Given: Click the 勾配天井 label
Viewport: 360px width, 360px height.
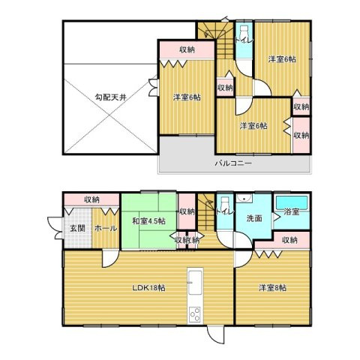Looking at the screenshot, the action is point(111,97).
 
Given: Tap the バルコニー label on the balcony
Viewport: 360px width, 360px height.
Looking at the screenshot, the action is point(233,163).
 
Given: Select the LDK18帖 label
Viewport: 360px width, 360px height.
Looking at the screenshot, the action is point(148,288).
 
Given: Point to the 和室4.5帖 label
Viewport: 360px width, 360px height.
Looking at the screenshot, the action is point(148,221).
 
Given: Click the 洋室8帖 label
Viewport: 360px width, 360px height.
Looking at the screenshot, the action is point(272,288).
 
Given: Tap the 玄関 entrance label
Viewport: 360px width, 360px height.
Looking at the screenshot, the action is point(77,228).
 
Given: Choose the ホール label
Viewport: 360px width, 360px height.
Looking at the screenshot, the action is point(106,228).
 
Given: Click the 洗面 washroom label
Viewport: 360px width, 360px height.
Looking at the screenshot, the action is point(254,218).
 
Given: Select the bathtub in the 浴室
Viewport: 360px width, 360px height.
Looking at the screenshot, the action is point(292,203).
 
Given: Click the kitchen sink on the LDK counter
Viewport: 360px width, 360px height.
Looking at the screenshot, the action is point(195,282).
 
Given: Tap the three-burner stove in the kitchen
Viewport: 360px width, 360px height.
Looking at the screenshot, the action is point(195,314).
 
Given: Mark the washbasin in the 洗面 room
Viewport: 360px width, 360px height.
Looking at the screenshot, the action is point(244,199).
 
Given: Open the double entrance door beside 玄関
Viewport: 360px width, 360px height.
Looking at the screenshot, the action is point(55,228).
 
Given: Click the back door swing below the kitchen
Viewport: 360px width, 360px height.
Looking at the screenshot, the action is point(214,334).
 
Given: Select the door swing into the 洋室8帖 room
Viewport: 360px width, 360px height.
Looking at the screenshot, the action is point(243,259).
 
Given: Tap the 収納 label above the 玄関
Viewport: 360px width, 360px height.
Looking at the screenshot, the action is point(91,199).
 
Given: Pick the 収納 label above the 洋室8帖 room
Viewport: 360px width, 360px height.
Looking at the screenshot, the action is point(289,240).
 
